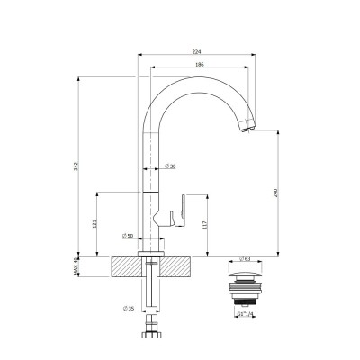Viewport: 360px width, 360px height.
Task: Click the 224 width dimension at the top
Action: (x=208, y=51)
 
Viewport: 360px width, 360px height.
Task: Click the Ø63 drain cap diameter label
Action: (x=244, y=257)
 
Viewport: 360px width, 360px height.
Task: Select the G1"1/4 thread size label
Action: (x=244, y=315)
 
